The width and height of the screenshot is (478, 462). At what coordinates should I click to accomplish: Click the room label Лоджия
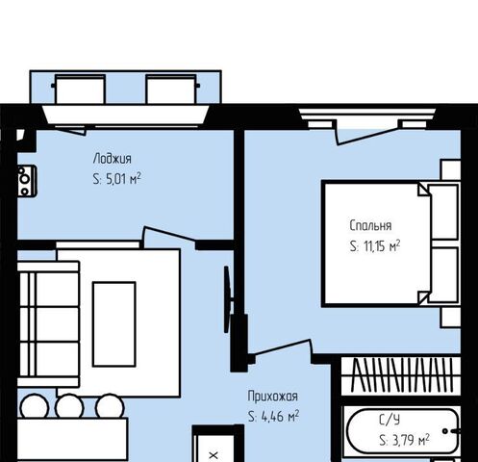pyautogui.click(x=113, y=159)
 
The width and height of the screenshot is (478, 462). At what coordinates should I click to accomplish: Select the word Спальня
pyautogui.click(x=370, y=225)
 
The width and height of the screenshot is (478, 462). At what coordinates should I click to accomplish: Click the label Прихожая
pyautogui.click(x=273, y=396)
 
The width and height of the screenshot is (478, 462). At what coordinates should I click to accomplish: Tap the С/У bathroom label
pyautogui.click(x=390, y=420)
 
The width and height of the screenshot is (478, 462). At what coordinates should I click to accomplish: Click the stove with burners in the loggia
pyautogui.click(x=27, y=181)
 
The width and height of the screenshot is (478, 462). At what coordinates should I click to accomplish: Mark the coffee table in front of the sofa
pyautogui.click(x=114, y=324)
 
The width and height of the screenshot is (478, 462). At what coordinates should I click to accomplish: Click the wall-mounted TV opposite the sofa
pyautogui.click(x=227, y=299)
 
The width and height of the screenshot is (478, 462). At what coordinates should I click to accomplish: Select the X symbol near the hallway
pyautogui.click(x=214, y=455)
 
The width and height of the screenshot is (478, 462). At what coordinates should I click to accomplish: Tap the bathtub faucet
pyautogui.click(x=452, y=431)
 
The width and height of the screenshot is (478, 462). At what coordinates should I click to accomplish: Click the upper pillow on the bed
pyautogui.click(x=443, y=212)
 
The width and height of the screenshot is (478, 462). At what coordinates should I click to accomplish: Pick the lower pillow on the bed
pyautogui.click(x=443, y=274)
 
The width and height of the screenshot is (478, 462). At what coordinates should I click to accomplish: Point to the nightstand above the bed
pyautogui.click(x=451, y=169)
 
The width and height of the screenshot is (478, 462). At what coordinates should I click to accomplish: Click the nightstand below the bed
pyautogui.click(x=451, y=317)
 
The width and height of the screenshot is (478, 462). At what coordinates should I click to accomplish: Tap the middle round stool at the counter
pyautogui.click(x=69, y=406)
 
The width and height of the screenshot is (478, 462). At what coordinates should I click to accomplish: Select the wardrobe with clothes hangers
pyautogui.click(x=401, y=375)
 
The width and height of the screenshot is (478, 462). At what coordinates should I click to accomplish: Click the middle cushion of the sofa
pyautogui.click(x=57, y=324)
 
